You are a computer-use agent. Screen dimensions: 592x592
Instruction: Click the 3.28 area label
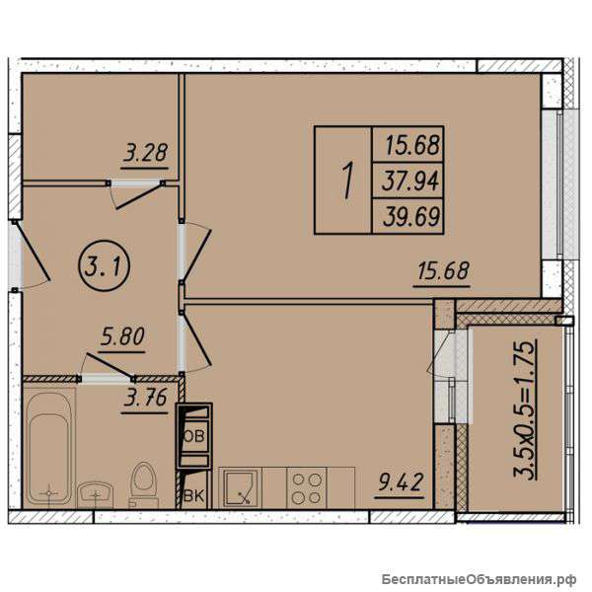[145, 154]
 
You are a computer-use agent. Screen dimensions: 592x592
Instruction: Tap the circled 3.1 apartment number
[105, 266]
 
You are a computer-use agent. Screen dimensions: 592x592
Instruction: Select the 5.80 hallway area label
[122, 337]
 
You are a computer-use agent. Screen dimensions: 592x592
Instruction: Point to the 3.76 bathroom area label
[145, 399]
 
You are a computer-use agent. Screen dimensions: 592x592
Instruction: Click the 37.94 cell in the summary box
[410, 181]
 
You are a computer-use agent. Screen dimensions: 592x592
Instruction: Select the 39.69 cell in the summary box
[410, 217]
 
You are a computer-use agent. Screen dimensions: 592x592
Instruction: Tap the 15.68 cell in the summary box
[411, 145]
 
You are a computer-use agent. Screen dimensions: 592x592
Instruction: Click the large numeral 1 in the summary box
[348, 180]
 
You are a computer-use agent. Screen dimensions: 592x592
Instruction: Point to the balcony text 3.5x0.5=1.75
[524, 409]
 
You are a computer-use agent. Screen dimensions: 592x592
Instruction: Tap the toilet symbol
[143, 484]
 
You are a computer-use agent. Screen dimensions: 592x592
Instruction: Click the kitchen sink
[240, 488]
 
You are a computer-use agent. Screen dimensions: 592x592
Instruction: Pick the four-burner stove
[307, 488]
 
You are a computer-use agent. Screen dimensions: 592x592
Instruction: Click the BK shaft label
[193, 495]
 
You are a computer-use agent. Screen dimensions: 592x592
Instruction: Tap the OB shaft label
[194, 436]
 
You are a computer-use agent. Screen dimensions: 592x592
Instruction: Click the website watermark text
[479, 578]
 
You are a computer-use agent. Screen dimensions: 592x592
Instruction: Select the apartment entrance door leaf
[33, 252]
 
